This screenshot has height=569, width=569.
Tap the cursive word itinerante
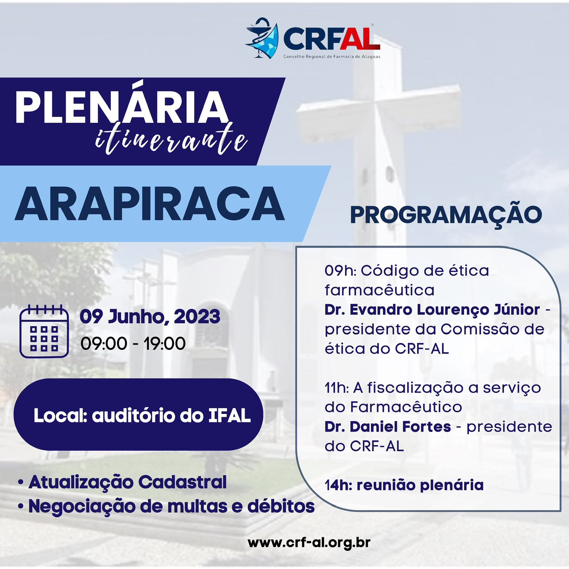[x=171, y=139]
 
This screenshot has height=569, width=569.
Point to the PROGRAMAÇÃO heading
[x=446, y=215]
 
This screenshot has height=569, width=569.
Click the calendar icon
[x=44, y=331]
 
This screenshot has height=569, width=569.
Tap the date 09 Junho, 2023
[x=150, y=317]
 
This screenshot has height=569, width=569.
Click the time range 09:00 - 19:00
[x=133, y=344]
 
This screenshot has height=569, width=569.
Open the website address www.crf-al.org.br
[x=309, y=543]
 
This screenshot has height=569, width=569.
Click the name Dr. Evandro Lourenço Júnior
[x=432, y=310]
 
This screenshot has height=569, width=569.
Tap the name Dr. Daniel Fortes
[x=388, y=427]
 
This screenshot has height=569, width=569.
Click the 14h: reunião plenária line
[x=404, y=485]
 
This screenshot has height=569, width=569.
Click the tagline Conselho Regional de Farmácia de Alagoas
[x=332, y=57]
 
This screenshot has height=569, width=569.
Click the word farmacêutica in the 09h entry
[x=379, y=290]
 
